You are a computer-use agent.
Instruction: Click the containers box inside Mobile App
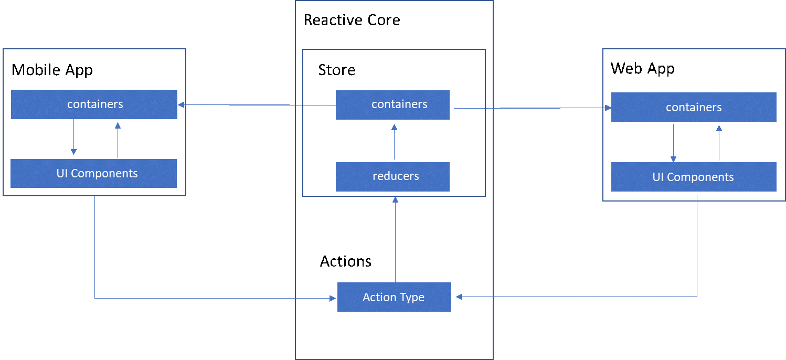pos(94,104)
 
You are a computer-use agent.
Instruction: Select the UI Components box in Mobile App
pos(94,173)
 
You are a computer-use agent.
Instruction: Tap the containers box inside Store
pos(392,104)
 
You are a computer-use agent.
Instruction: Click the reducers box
pos(392,176)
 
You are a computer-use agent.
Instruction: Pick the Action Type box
pos(394,297)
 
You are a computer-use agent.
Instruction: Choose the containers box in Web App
pos(694,107)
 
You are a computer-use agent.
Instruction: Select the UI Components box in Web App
pos(694,177)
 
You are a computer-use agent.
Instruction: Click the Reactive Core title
pos(352,20)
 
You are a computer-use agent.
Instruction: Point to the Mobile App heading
pos(52,70)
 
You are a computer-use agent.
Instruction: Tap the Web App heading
pos(643,68)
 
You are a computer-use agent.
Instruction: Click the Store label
pos(337,70)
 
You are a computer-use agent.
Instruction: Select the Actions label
pos(346,261)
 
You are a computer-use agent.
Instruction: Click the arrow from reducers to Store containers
pos(395,142)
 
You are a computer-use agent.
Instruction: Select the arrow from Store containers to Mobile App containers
pos(257,105)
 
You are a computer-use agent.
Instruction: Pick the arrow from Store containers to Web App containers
pos(530,108)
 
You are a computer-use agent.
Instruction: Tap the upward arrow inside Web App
pos(719,142)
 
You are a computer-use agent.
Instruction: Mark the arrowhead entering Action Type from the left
pos(332,299)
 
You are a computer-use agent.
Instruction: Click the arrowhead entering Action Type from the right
pos(459,297)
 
